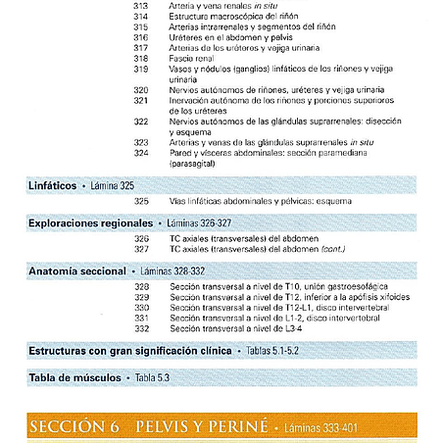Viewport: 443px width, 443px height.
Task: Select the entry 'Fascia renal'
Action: click(195, 58)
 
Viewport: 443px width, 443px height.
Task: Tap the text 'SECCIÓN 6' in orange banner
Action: click(75, 427)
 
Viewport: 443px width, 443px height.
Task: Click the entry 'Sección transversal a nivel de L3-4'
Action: click(246, 327)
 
